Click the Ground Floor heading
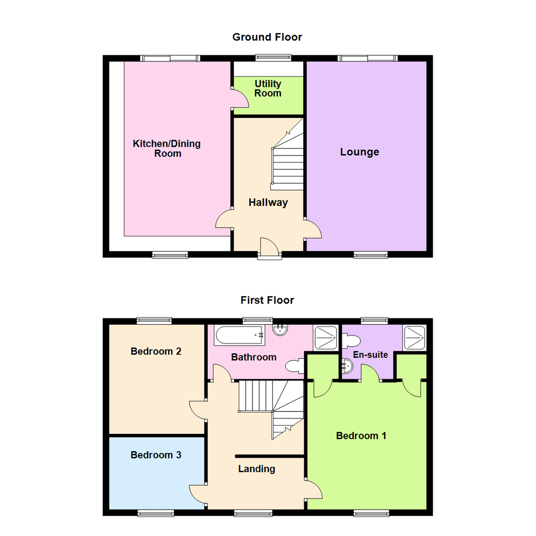pos(267,37)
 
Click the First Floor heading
pos(267,300)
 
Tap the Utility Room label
pos(268,88)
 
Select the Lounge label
pos(359,152)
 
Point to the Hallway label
pos(268,202)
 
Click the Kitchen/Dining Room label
pos(167,148)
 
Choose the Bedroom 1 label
pos(361,436)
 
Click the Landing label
pos(257,469)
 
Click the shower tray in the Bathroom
pos(325,337)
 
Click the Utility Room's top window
pos(273,58)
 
